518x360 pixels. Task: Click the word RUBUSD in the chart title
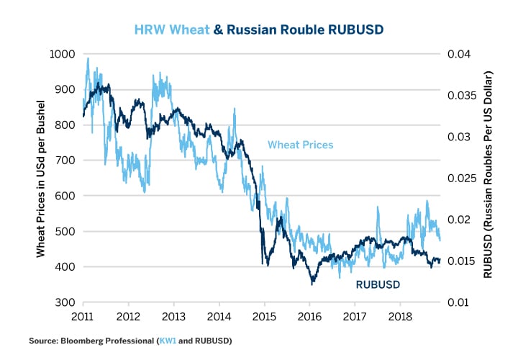(x=355, y=31)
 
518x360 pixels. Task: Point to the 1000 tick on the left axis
(x=63, y=54)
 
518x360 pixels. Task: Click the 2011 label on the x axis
(x=83, y=316)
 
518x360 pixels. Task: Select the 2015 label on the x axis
(x=264, y=316)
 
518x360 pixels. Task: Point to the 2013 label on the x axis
(x=173, y=316)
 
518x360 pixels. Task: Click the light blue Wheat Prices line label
(x=300, y=145)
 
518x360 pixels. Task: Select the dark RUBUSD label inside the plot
(x=378, y=285)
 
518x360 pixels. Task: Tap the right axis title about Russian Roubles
(x=491, y=179)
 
